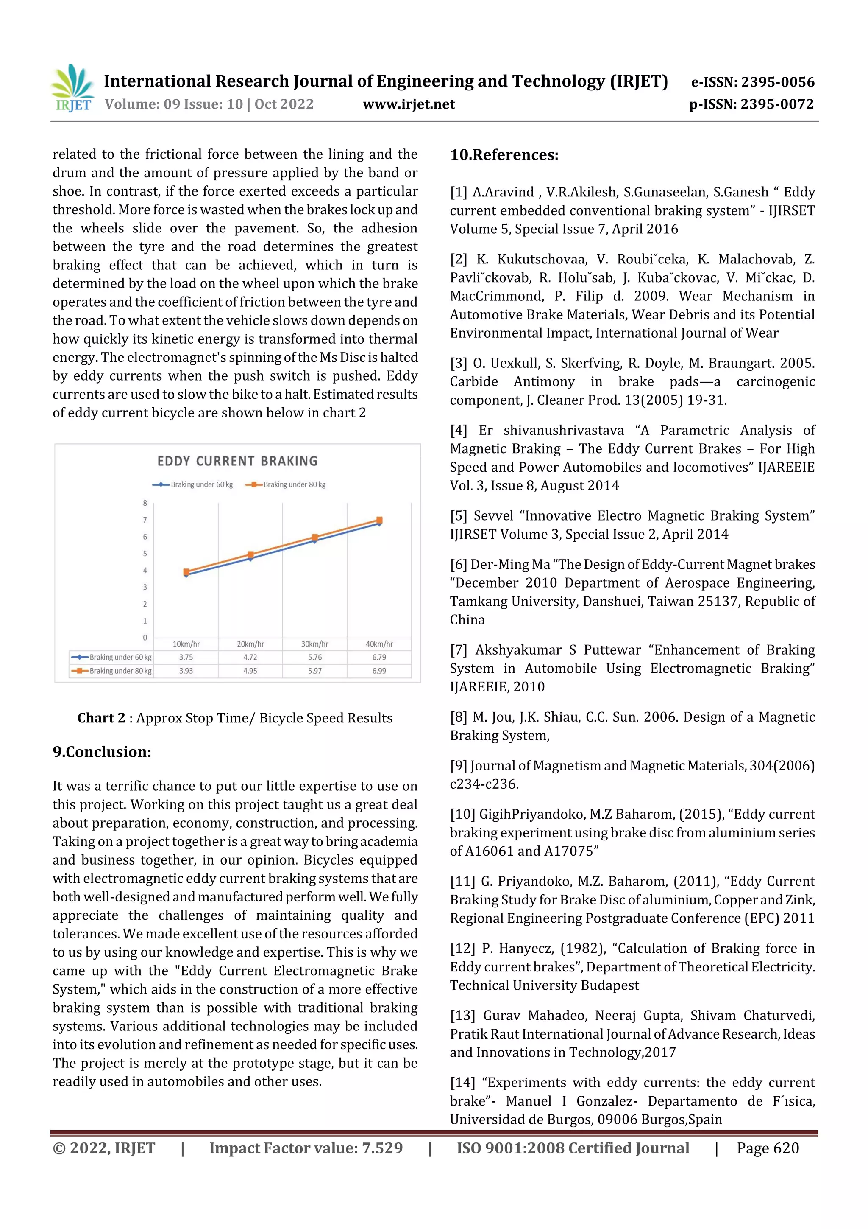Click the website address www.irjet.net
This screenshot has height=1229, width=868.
pos(409,104)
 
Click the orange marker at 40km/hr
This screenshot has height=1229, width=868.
pos(379,520)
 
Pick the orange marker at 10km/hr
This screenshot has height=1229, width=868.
pos(186,572)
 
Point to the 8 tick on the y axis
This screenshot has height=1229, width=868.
pos(145,503)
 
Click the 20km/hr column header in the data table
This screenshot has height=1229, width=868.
pos(250,644)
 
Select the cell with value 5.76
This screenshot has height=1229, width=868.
pos(315,657)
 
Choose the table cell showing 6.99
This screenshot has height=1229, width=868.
pos(379,671)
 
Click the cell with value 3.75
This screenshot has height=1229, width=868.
pos(186,657)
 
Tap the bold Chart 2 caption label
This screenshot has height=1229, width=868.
pos(101,718)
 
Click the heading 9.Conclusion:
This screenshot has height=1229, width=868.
pos(102,752)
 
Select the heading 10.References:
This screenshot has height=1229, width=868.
pos(504,155)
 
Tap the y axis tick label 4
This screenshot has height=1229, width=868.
pos(145,571)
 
